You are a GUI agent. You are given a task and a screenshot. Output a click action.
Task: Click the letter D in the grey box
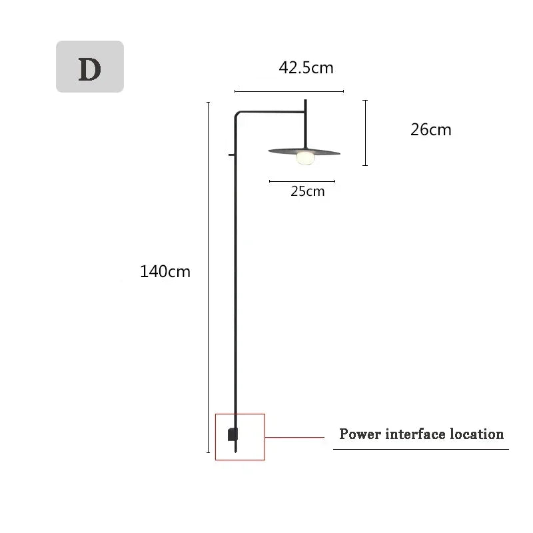(x=89, y=69)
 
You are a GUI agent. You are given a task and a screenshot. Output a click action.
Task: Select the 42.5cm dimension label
(x=306, y=67)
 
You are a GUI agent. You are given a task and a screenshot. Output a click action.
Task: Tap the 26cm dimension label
(x=430, y=130)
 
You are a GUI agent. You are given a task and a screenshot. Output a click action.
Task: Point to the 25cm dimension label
(x=307, y=191)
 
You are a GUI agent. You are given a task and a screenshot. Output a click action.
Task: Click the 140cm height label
(x=165, y=272)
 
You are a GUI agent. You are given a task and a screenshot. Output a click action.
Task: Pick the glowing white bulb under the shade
(x=305, y=158)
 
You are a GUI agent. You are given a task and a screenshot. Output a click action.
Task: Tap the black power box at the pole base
(x=231, y=434)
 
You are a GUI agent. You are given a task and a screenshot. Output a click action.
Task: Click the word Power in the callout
(x=360, y=434)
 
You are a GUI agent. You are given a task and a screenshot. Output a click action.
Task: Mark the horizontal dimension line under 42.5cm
(x=289, y=91)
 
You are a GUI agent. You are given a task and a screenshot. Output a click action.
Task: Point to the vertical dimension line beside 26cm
(x=365, y=133)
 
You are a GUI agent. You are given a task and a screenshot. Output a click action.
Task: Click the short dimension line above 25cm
(x=302, y=181)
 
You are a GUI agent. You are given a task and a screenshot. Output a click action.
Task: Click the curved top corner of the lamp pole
(x=237, y=115)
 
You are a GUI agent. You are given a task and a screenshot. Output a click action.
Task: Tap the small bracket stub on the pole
(x=231, y=156)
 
